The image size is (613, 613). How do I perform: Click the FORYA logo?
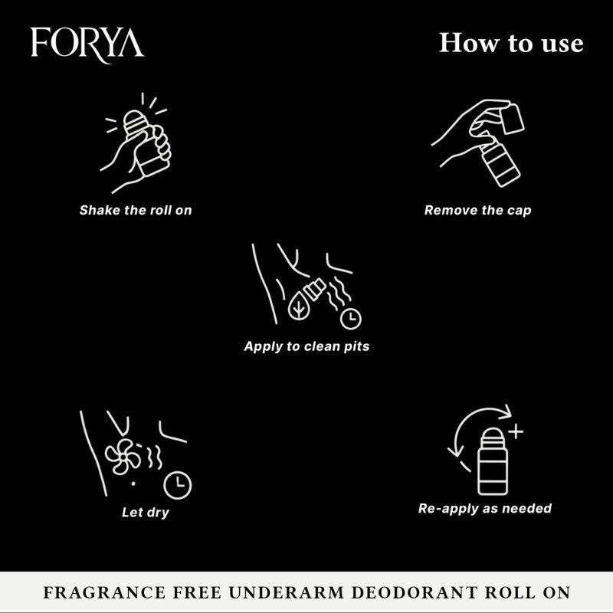[x=87, y=43]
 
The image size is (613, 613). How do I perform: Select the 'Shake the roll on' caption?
[x=136, y=209]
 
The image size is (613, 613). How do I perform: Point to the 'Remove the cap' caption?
[x=477, y=209]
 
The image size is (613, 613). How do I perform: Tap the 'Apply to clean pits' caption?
[x=306, y=346]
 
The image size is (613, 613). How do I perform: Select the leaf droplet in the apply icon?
[x=295, y=306]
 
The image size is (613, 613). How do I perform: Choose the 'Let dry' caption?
[x=146, y=512]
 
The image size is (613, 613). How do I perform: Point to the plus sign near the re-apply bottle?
[x=515, y=432]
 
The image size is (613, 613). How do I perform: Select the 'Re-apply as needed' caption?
[x=484, y=508]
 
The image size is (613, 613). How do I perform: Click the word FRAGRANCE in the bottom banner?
[x=98, y=594]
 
